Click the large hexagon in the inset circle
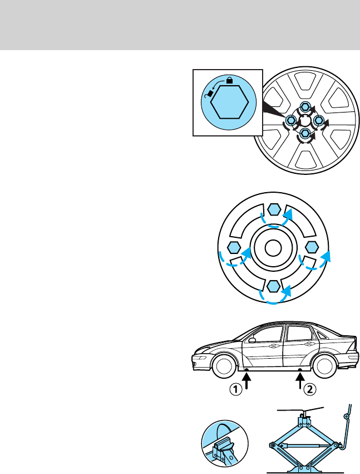(230, 102)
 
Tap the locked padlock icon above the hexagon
(229, 81)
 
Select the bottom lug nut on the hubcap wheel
(304, 133)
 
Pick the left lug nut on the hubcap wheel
(290, 120)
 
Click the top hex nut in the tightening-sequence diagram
(273, 210)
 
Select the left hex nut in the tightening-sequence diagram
(234, 248)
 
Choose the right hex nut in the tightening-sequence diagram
(311, 248)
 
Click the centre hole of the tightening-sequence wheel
(273, 248)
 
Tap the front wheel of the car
(223, 367)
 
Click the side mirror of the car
(252, 339)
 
